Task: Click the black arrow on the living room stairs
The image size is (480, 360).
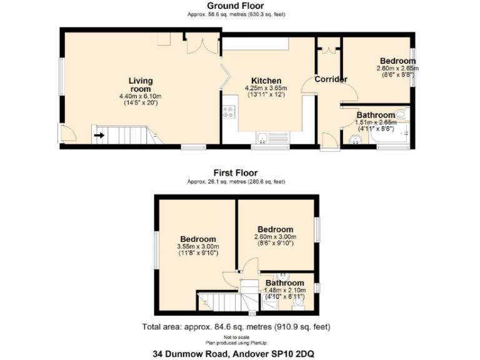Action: [x=99, y=134]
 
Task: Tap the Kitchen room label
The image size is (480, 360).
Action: [x=266, y=81]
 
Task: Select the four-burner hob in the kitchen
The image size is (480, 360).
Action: [x=229, y=113]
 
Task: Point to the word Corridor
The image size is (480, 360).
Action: [x=331, y=79]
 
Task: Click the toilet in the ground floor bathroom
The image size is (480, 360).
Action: [x=401, y=115]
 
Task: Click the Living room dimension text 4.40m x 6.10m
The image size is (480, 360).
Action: [x=141, y=96]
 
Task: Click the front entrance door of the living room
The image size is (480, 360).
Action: [x=67, y=133]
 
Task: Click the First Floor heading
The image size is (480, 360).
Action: [x=236, y=173]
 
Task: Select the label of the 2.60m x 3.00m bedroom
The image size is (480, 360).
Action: [x=276, y=229]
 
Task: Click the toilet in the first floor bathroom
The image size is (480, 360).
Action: [x=299, y=302]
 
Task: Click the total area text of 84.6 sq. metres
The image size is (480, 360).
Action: [x=236, y=327]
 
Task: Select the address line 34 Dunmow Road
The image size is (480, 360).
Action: [x=234, y=353]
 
